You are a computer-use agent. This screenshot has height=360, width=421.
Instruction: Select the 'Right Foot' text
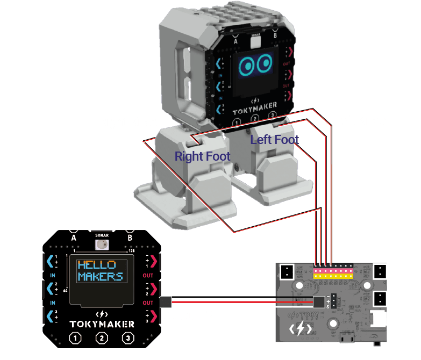[202, 156]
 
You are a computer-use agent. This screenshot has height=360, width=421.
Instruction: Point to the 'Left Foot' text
[274, 140]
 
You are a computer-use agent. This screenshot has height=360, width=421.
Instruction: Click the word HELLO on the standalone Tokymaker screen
[97, 265]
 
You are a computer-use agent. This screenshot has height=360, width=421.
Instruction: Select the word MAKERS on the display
[100, 277]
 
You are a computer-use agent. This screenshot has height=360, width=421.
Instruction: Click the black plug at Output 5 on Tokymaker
[166, 302]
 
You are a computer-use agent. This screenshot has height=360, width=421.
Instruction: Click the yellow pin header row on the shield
[333, 276]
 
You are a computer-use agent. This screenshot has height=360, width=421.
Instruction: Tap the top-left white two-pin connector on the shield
[287, 271]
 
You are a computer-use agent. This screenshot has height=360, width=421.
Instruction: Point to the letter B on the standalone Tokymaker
[130, 236]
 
